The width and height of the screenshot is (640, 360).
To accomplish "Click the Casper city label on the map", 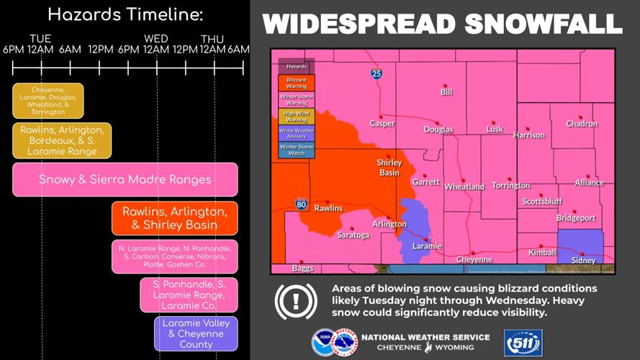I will click(x=382, y=123).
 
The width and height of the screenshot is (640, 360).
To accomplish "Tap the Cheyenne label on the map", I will click(x=474, y=259).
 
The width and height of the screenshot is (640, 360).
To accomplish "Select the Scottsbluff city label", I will click(x=542, y=202).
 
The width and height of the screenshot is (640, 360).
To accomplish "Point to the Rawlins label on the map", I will click(x=328, y=208).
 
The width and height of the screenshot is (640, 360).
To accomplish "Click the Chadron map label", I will click(x=582, y=124).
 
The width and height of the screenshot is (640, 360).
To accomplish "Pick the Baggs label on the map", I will click(x=303, y=269).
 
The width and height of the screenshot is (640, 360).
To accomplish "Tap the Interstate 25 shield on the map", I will click(x=377, y=73).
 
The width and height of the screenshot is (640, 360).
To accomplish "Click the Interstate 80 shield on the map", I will click(x=301, y=204).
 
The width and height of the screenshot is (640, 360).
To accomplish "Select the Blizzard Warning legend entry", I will click(x=297, y=83).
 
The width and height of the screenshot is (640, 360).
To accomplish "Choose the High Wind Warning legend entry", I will click(x=297, y=117).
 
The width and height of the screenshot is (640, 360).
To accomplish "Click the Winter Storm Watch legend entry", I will click(x=297, y=150).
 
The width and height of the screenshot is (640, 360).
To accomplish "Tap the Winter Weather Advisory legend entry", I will click(x=297, y=133).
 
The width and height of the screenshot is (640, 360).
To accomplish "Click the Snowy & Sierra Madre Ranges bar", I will click(x=125, y=179).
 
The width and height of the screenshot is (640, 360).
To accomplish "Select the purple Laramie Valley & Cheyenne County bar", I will click(x=196, y=334).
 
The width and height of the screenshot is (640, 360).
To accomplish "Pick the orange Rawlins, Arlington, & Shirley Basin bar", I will click(x=174, y=218).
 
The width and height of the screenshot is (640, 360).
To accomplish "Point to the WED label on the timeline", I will click(x=156, y=39).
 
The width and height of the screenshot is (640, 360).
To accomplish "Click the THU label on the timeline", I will click(x=212, y=39).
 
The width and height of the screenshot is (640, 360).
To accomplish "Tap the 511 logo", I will click(x=523, y=343).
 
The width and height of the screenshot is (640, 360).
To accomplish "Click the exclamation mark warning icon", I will click(x=296, y=302).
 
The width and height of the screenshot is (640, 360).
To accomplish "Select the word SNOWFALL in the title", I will click(x=543, y=24).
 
